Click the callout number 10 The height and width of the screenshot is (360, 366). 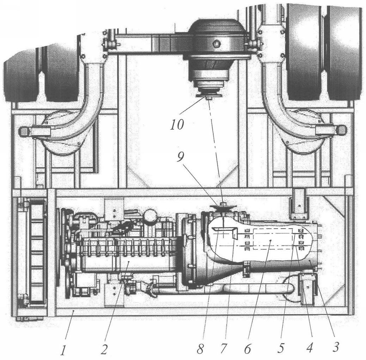177,125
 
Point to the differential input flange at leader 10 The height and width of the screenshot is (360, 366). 208,96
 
